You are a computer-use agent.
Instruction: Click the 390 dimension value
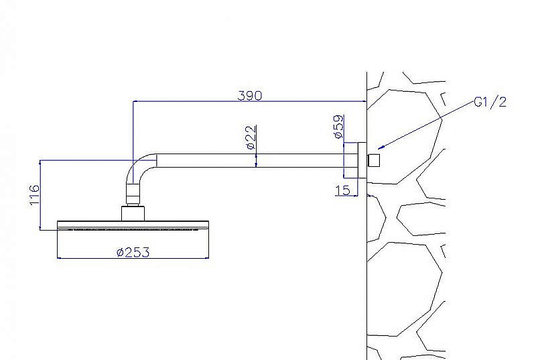[x=250, y=96]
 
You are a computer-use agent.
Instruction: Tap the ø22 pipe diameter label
[x=251, y=137]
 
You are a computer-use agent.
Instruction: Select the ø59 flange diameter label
[x=338, y=127]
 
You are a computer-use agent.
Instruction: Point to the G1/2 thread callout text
[x=490, y=102]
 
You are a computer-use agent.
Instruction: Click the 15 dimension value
[x=343, y=190]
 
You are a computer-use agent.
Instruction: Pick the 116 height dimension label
[x=35, y=195]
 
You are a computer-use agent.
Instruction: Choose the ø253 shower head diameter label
[x=133, y=253]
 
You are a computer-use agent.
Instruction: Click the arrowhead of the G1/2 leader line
[x=381, y=147]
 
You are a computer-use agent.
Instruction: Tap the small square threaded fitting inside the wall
[x=374, y=160]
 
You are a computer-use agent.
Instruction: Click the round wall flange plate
[x=362, y=160]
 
